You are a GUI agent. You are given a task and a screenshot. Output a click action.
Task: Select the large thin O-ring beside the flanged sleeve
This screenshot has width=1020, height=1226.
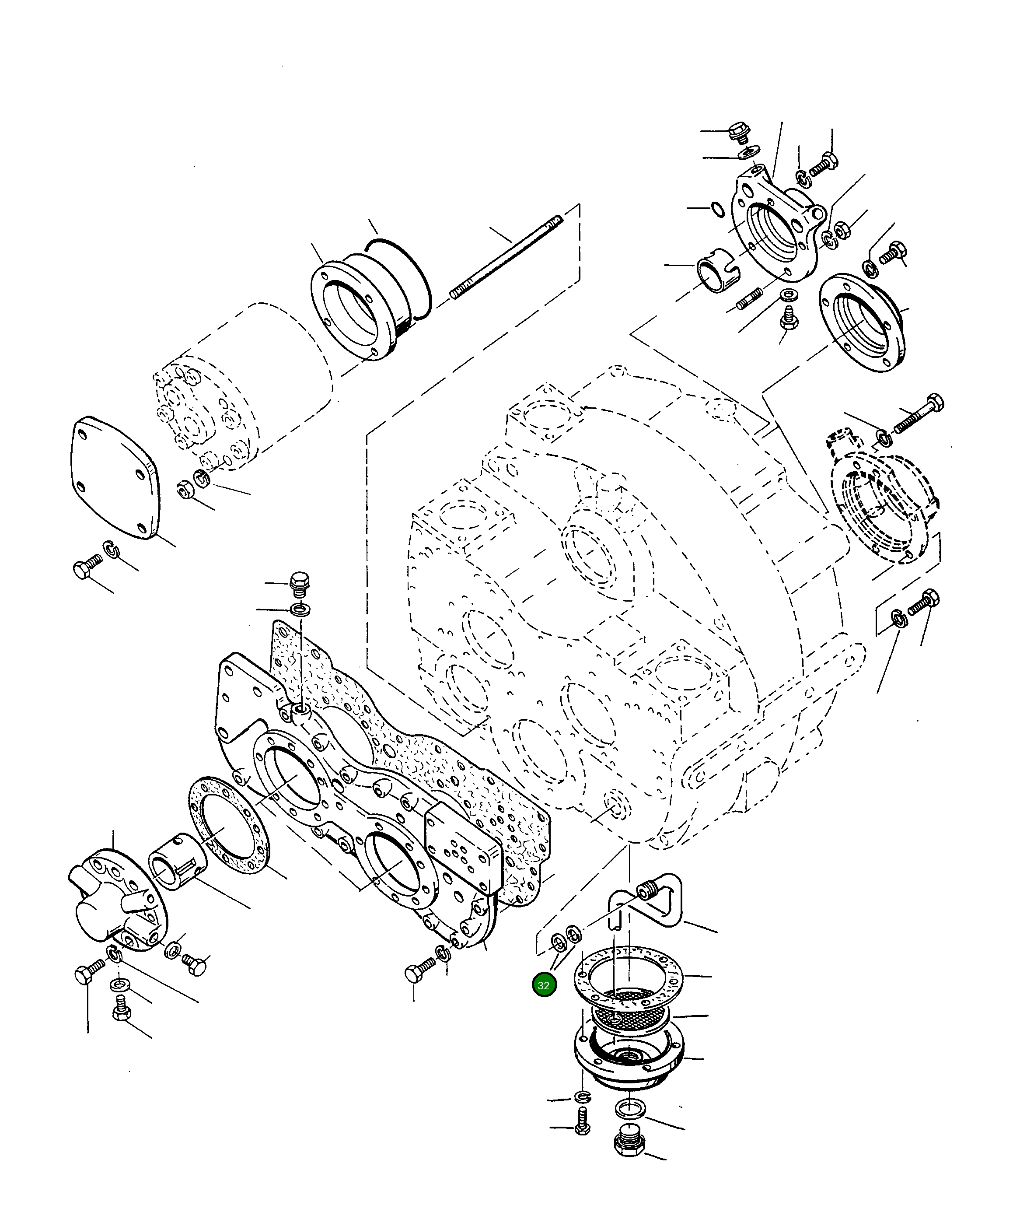pos(403,280)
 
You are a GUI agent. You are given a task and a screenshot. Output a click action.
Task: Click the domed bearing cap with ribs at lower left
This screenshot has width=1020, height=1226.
pos(117,902)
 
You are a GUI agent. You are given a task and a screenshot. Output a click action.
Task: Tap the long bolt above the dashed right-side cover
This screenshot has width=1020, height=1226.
pos(919,414)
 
